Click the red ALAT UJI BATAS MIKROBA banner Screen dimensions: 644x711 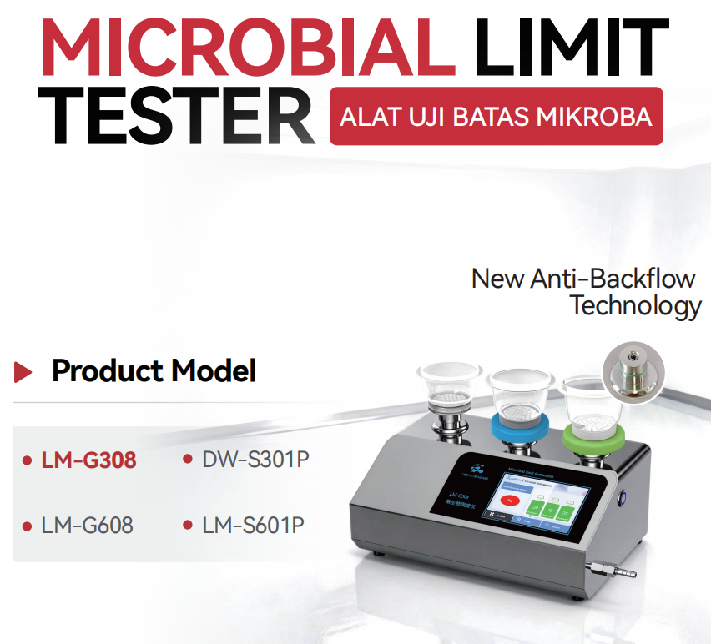point(496,116)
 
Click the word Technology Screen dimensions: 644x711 point(635,305)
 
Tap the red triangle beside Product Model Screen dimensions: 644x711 point(24,371)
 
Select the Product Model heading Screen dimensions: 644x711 point(154,370)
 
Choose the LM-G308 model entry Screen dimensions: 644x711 point(88,460)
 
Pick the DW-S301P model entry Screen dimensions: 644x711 point(250,459)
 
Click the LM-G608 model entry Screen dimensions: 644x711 point(87,526)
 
